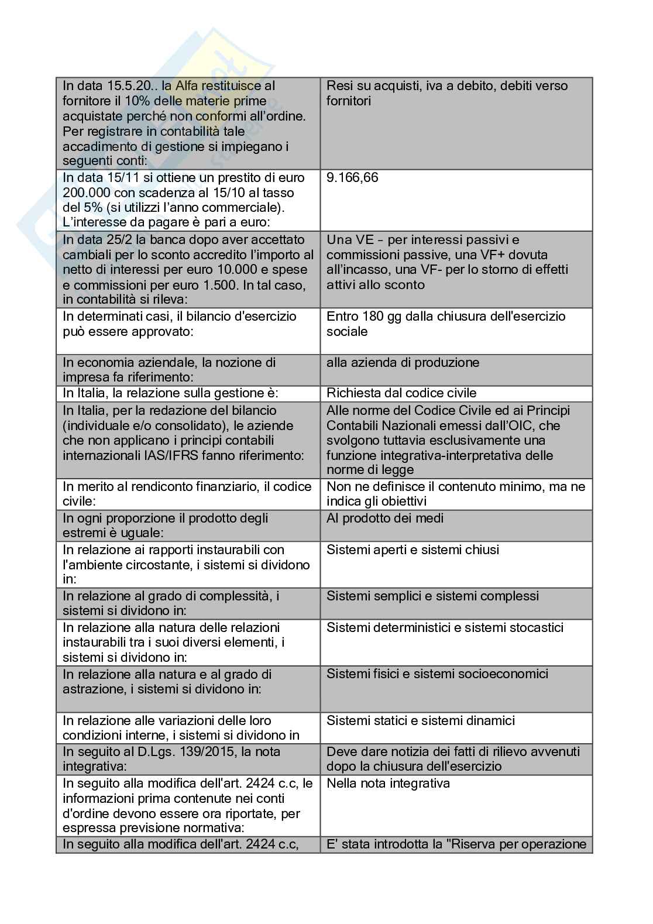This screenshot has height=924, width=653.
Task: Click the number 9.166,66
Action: pyautogui.click(x=352, y=177)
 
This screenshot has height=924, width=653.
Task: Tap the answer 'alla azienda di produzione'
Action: pyautogui.click(x=403, y=362)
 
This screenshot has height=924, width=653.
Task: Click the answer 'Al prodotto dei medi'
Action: pyautogui.click(x=385, y=518)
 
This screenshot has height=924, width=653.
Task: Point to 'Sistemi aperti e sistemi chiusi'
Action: pyautogui.click(x=413, y=549)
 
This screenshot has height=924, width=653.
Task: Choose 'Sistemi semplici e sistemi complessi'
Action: pyautogui.click(x=432, y=596)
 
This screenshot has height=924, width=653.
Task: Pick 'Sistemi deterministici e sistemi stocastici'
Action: pyautogui.click(x=445, y=627)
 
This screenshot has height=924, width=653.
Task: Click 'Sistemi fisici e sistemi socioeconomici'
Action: pyautogui.click(x=437, y=674)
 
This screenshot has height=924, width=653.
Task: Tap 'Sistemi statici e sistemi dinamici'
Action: pyautogui.click(x=421, y=720)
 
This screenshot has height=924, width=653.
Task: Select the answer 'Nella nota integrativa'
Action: pyautogui.click(x=388, y=783)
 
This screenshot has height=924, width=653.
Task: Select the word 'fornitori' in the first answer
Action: pyautogui.click(x=349, y=101)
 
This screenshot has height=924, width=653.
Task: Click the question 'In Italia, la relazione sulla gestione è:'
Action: pyautogui.click(x=170, y=393)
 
